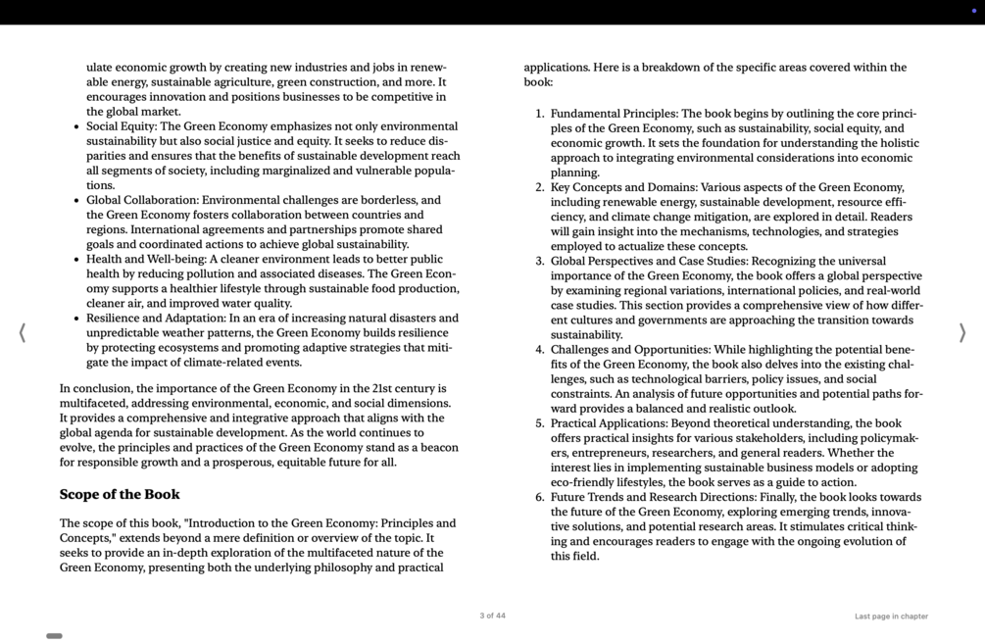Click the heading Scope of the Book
[120, 495]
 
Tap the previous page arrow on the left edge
[22, 333]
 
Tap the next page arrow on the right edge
[961, 333]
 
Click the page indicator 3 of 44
[492, 616]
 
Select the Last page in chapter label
[891, 616]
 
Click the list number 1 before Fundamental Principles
[539, 114]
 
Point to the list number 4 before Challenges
[539, 350]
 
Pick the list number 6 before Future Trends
[539, 497]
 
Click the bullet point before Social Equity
[76, 127]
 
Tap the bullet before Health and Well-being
[76, 260]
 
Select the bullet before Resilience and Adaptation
[76, 319]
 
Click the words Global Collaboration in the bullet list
[141, 200]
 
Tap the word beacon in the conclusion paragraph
[440, 447]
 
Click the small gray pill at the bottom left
[55, 636]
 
